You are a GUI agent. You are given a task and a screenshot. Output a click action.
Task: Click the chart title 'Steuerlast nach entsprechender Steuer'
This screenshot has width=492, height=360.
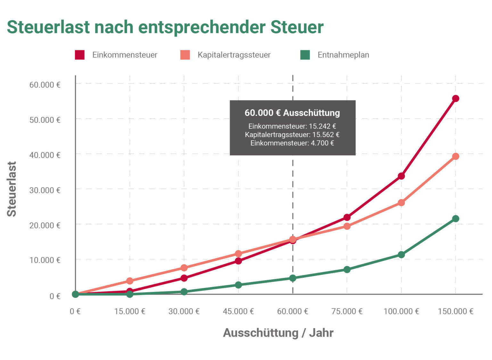tap(165, 27)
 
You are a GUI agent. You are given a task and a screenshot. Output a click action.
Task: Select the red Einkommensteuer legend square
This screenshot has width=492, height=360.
tap(80, 55)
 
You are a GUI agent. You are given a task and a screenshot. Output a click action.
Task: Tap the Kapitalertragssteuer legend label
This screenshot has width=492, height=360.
tap(234, 55)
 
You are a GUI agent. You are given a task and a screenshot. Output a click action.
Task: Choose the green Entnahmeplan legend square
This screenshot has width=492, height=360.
tap(305, 55)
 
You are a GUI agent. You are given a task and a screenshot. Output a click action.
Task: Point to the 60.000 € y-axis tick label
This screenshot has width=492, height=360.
tap(45, 85)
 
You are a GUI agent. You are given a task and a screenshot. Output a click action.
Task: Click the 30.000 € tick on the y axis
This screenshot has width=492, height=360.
tap(45, 190)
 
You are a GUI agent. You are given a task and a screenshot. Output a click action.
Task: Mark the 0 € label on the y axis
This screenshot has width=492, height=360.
tap(55, 296)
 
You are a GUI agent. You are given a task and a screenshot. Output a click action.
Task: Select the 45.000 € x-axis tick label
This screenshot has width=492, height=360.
tap(238, 311)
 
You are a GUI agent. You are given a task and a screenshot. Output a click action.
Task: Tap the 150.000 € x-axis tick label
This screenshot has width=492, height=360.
tap(455, 311)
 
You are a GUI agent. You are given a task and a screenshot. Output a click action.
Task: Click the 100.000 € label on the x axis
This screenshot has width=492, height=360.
tap(401, 311)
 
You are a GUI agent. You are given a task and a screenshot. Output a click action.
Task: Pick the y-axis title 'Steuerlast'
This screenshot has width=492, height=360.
tap(12, 189)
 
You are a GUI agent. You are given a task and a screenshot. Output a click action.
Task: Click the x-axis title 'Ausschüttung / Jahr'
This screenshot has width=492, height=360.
tap(278, 333)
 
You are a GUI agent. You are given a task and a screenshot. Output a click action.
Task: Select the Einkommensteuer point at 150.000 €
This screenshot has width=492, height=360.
tap(455, 98)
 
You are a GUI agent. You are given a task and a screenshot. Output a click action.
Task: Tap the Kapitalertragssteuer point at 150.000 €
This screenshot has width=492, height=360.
tap(455, 156)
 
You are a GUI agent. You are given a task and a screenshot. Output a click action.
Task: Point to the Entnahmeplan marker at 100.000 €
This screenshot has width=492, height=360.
tap(401, 255)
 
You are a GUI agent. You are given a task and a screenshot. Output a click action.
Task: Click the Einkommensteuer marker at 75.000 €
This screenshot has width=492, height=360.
tap(347, 217)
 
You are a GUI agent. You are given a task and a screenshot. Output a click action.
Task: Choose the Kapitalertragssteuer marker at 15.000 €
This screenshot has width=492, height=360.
tap(130, 281)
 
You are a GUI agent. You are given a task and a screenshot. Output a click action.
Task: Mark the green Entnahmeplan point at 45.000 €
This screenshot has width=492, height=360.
tap(238, 285)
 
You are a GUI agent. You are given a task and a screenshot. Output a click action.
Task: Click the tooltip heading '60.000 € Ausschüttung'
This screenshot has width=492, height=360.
tap(292, 113)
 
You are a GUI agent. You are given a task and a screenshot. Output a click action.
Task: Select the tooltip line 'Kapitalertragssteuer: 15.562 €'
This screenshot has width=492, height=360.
tap(292, 135)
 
